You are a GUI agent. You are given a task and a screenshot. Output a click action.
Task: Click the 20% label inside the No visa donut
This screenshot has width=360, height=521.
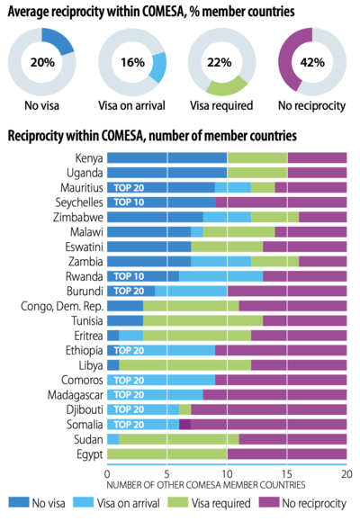click(42, 62)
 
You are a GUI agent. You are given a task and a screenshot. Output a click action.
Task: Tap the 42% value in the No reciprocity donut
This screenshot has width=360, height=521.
click(312, 62)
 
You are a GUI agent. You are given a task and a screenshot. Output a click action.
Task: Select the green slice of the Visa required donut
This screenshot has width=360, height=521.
click(228, 85)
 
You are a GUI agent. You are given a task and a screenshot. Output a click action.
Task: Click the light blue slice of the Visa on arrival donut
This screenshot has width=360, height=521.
click(157, 67)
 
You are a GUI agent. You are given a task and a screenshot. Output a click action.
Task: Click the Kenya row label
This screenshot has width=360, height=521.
click(89, 158)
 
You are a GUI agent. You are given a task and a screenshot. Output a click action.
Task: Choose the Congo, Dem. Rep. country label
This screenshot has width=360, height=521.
click(62, 306)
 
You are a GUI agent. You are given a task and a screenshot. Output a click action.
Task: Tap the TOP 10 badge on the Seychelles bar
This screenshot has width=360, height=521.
click(129, 202)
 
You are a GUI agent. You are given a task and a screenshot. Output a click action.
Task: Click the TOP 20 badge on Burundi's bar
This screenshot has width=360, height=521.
click(129, 291)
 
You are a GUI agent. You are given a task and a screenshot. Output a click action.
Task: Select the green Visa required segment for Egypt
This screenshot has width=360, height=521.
click(166, 454)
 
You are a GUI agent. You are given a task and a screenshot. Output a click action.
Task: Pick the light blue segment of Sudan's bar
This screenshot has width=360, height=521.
click(113, 439)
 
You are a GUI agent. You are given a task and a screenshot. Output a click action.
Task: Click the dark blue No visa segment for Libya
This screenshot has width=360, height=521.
click(113, 365)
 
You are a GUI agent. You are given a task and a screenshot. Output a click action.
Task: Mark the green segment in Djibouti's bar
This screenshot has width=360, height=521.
click(185, 409)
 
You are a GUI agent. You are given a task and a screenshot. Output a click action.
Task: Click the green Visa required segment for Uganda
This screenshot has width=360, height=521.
click(257, 173)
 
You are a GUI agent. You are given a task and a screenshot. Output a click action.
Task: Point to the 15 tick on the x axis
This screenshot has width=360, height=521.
click(287, 474)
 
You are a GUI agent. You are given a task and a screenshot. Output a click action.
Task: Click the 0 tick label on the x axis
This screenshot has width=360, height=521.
click(107, 474)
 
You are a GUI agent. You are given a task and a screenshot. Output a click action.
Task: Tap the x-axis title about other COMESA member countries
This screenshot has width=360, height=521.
click(206, 485)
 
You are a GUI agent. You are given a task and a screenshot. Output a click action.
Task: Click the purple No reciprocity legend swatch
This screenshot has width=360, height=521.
click(269, 502)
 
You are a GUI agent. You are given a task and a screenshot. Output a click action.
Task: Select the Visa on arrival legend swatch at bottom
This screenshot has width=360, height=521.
click(84, 502)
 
